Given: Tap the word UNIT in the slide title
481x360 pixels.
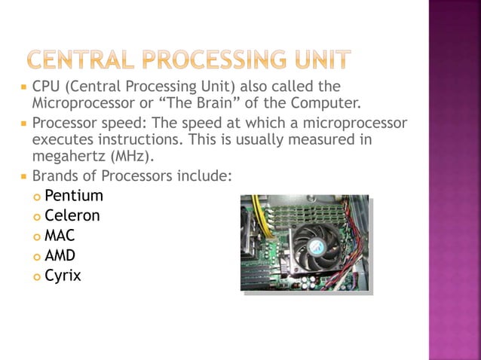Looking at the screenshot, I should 321,57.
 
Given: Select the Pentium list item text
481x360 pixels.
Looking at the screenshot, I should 74,197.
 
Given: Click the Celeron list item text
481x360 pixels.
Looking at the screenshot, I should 72,217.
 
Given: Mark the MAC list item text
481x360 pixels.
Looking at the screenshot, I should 60,236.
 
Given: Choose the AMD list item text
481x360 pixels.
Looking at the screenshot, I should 60,256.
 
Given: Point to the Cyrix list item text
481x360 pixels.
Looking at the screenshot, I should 63,276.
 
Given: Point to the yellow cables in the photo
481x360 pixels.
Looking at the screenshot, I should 256,215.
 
